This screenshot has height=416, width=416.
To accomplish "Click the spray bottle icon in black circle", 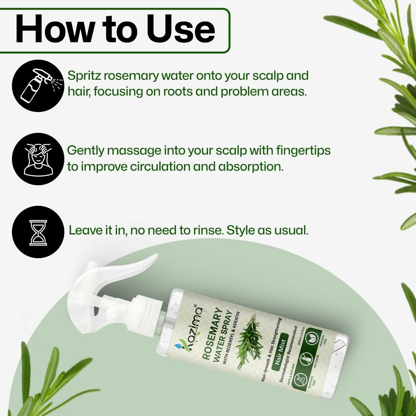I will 38,86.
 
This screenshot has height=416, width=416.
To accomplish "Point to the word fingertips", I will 303,151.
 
